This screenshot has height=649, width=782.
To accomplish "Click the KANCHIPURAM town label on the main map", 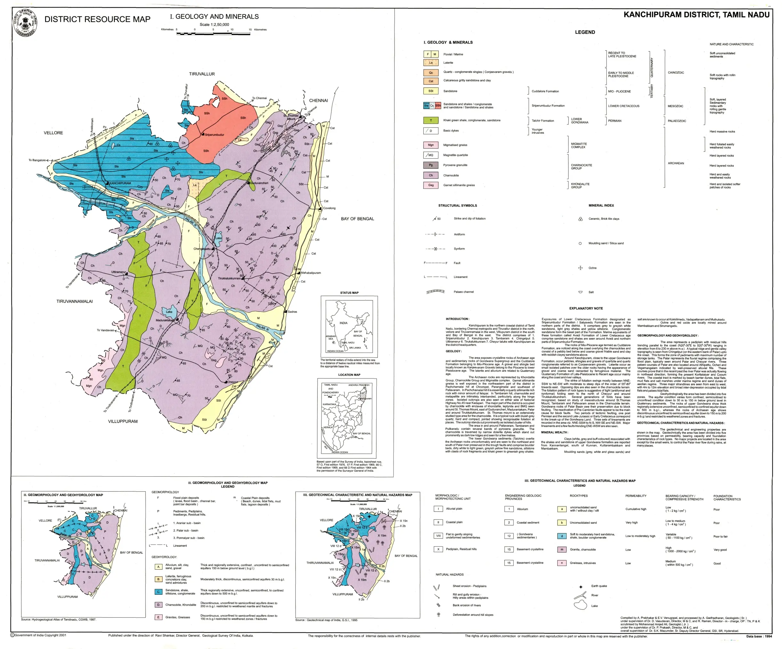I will tap(120, 183).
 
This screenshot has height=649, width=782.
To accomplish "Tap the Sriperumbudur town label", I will tap(214, 135).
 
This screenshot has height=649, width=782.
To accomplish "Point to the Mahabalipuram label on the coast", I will tap(311, 273).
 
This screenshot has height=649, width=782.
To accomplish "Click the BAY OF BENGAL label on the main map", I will tap(357, 219).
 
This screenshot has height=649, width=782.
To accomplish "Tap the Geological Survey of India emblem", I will tap(25, 23).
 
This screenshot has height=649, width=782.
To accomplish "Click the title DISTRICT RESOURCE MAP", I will tap(97, 20).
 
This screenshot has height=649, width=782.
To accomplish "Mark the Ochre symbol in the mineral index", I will tap(580, 268).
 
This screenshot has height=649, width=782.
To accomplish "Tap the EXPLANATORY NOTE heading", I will tap(586, 308).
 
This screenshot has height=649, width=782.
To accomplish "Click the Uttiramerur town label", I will tap(118, 272).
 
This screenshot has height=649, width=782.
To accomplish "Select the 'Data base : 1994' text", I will tap(759, 636).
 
